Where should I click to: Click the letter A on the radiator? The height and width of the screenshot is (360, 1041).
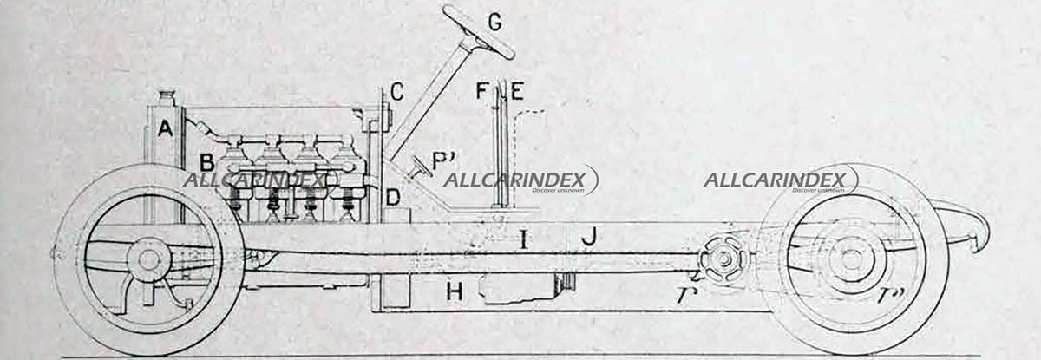[x=165, y=128]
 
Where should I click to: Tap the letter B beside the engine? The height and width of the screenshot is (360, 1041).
[x=207, y=162]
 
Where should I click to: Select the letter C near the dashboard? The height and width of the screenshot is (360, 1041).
[x=396, y=90]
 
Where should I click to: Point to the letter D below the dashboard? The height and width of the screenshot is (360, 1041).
[x=393, y=198]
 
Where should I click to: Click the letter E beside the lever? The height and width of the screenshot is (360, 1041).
[x=518, y=90]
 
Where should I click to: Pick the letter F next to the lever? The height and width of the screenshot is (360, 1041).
[x=483, y=90]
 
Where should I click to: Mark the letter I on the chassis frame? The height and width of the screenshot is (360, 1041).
[x=523, y=238]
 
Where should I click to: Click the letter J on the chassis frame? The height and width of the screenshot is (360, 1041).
[x=589, y=236]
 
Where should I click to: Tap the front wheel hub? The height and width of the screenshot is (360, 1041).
[x=148, y=259]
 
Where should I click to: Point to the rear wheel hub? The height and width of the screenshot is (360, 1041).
[x=845, y=259]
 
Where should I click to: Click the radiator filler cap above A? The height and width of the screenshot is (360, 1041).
[x=167, y=95]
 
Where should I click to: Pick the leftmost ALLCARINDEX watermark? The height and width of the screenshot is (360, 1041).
[x=259, y=180]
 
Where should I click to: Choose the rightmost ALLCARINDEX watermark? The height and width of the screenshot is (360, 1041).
[x=778, y=180]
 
